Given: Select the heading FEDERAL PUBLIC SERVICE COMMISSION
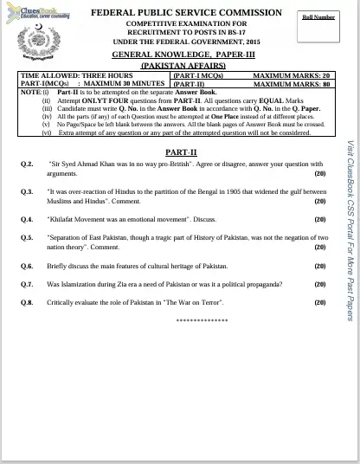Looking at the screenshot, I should [187, 13].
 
